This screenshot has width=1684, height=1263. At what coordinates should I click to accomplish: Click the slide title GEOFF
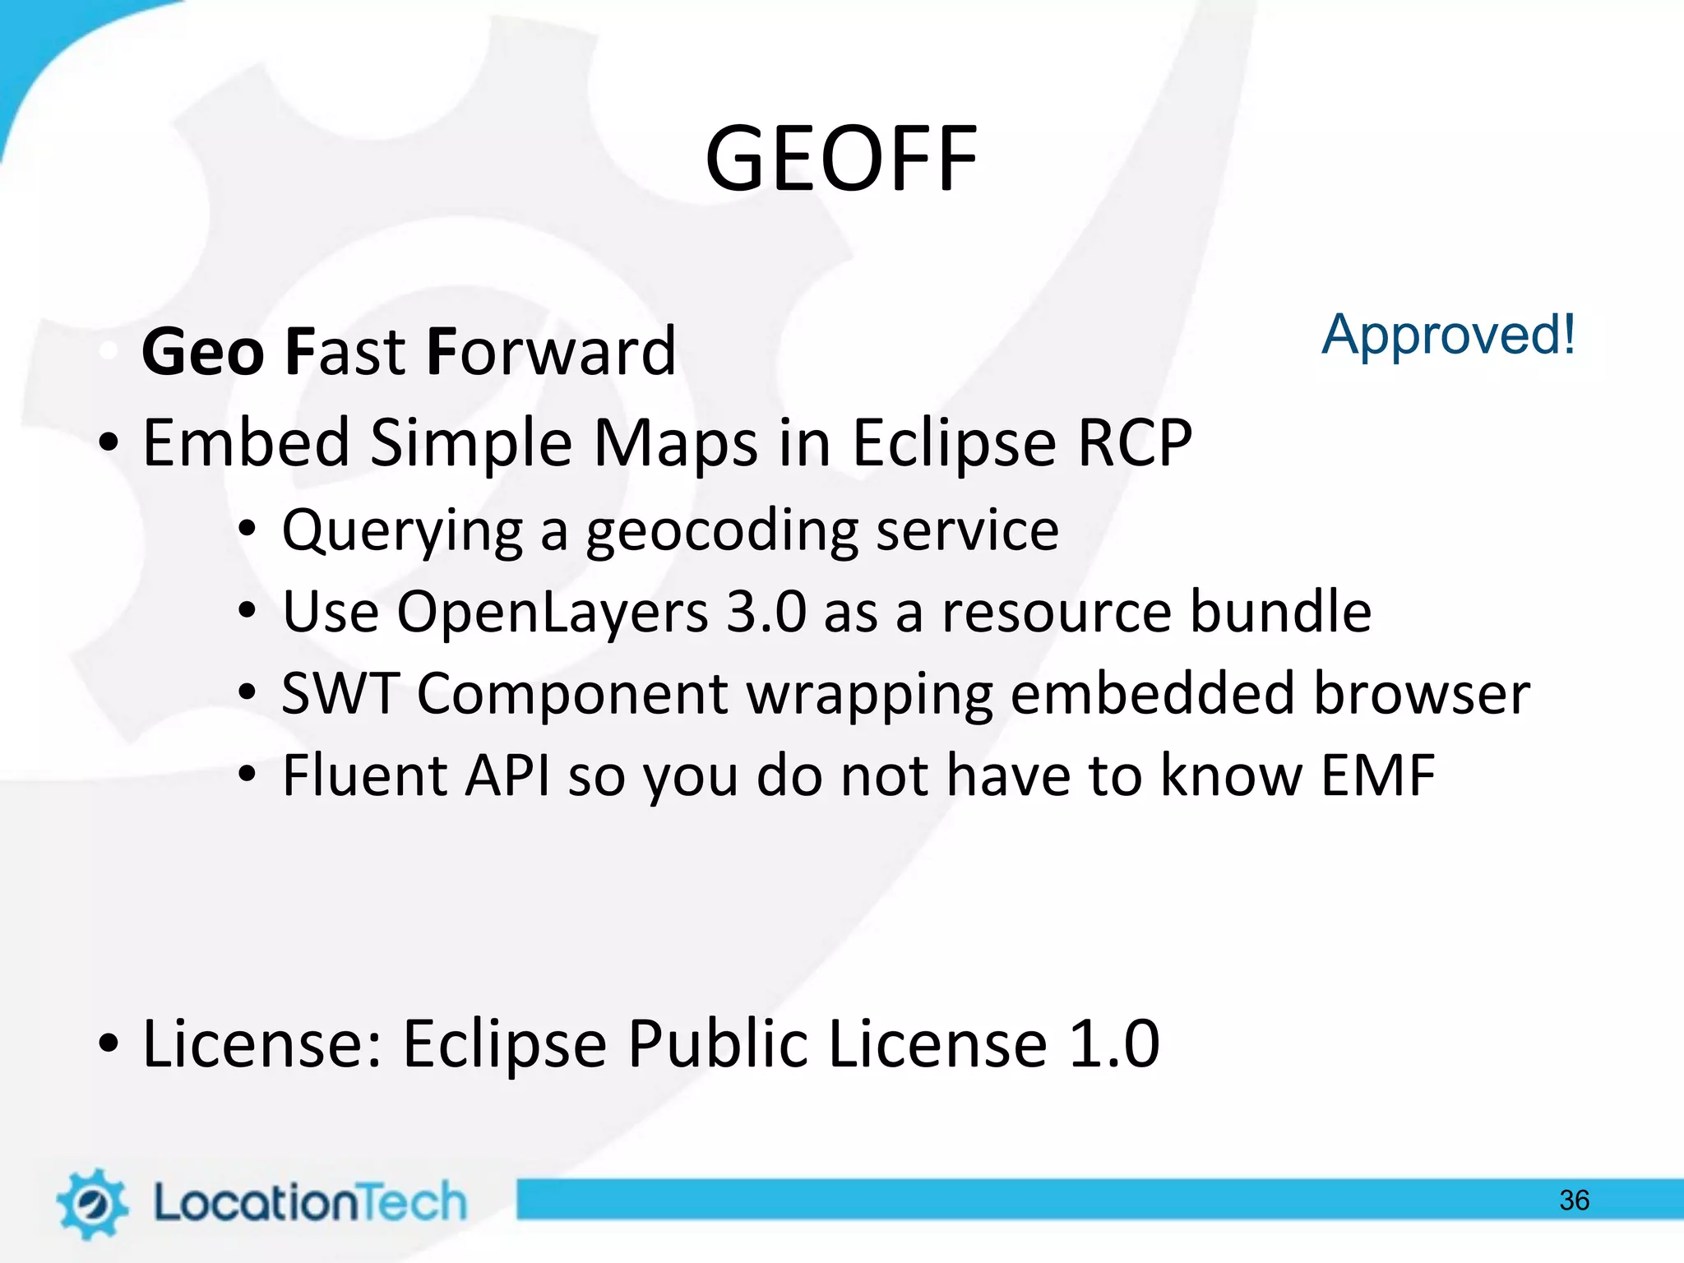(841, 159)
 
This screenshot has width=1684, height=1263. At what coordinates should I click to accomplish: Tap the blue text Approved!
(1448, 335)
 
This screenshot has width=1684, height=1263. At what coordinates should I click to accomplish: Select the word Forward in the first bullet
(552, 352)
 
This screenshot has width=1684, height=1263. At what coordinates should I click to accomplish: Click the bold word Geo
(203, 352)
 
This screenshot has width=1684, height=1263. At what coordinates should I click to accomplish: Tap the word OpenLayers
(552, 613)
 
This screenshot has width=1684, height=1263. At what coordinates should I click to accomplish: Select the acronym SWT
(340, 693)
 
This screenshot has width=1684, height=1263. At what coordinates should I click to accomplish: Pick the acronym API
(507, 775)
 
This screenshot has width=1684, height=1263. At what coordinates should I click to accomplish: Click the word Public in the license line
(718, 1043)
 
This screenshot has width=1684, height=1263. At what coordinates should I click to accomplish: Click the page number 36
(1574, 1201)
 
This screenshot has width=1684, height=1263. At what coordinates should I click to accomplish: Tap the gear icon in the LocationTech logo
(92, 1204)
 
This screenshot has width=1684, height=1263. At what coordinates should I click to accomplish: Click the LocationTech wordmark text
(310, 1202)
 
